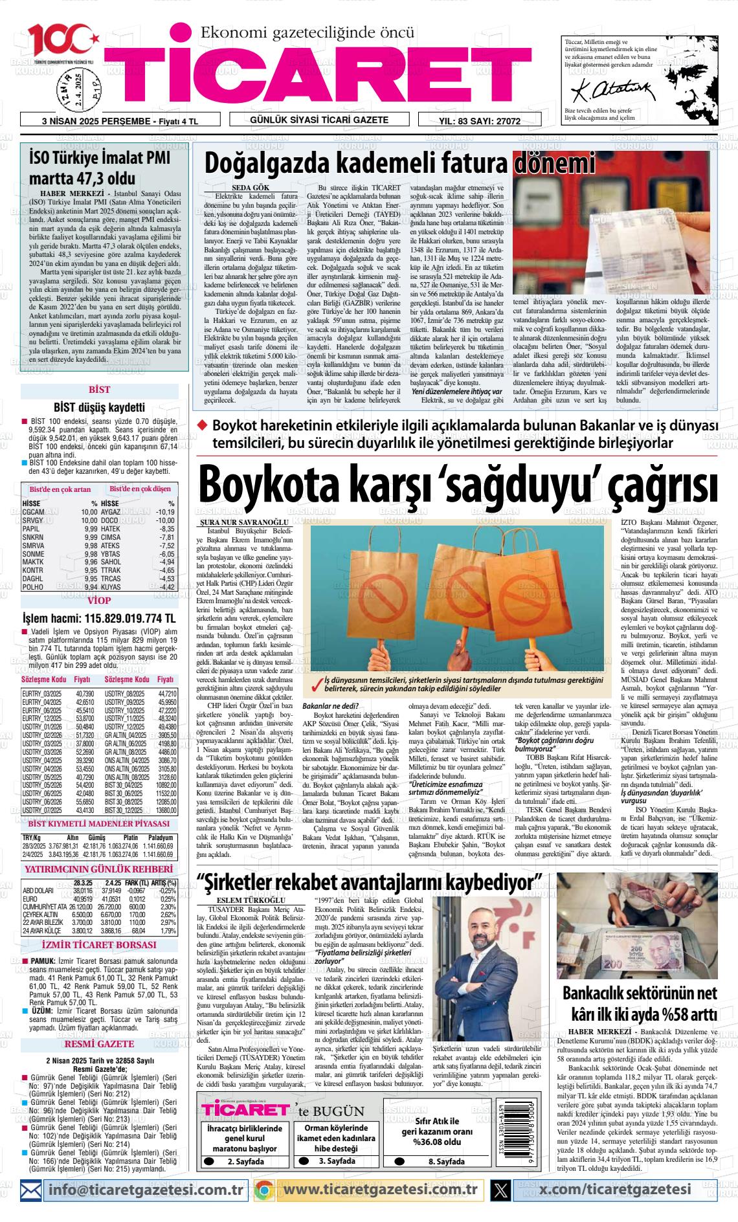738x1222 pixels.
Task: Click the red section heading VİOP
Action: point(99,601)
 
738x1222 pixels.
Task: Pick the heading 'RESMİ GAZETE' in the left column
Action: point(99,1043)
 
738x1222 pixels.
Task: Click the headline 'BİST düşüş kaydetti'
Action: point(99,408)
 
